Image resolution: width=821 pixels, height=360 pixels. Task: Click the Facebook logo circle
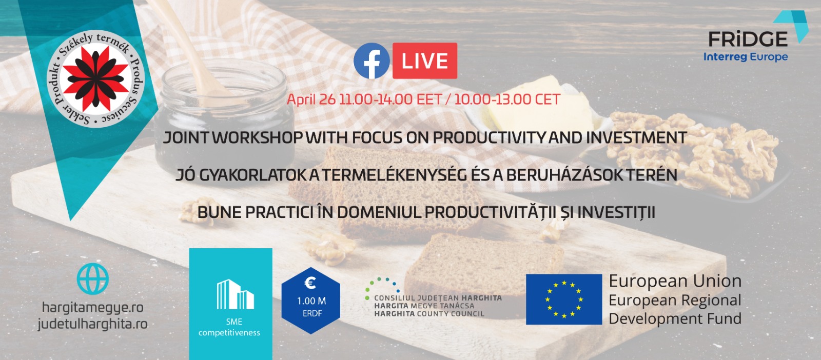tap(372, 61)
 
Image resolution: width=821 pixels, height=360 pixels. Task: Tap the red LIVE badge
tap(425, 61)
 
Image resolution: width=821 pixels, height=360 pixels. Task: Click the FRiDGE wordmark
tap(748, 39)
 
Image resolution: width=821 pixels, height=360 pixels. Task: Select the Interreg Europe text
tap(746, 57)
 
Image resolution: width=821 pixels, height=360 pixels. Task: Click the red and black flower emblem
tap(95, 79)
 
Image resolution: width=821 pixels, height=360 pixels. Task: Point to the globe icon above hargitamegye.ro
tap(93, 278)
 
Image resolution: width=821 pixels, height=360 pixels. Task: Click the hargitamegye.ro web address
tap(93, 307)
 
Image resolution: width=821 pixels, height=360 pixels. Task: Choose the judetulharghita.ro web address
tap(93, 324)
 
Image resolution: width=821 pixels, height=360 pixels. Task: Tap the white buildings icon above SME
tap(236, 294)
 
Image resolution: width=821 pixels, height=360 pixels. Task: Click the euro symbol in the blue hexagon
tap(310, 283)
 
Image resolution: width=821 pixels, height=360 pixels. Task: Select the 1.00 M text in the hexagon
tap(311, 301)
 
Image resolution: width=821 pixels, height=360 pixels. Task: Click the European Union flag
tap(564, 299)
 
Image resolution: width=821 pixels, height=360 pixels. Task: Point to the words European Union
tap(675, 281)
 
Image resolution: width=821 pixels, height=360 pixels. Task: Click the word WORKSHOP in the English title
tap(258, 138)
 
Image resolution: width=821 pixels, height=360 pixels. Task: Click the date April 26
tap(311, 99)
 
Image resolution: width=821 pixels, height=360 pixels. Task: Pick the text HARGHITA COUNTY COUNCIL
tap(429, 313)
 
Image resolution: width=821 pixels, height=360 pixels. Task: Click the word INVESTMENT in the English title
tap(636, 138)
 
